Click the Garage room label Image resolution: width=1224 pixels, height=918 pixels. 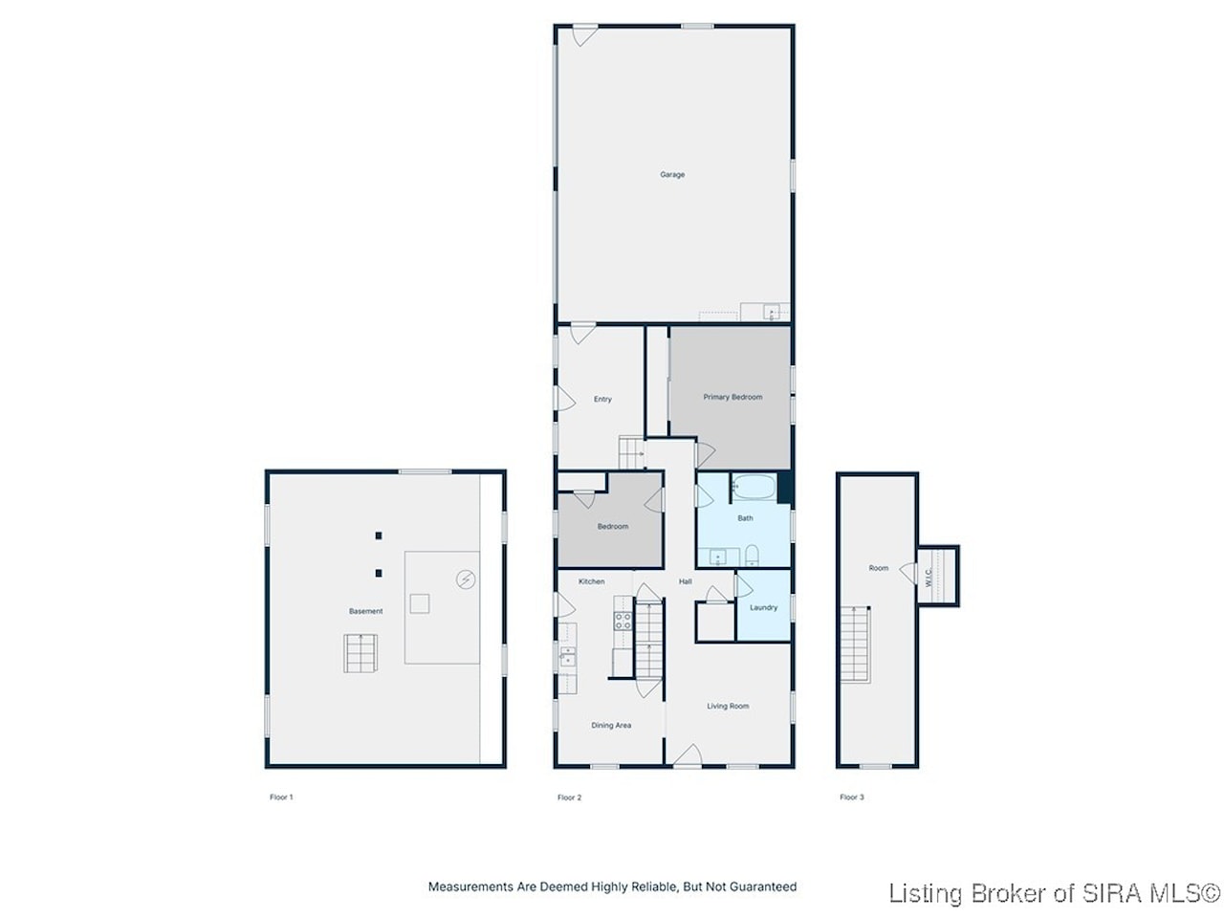(x=672, y=174)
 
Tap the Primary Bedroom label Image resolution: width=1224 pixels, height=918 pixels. (x=732, y=397)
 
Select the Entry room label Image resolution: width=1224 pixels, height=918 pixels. (x=602, y=399)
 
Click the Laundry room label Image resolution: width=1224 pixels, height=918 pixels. (x=763, y=607)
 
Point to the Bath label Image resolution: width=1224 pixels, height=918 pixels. (x=745, y=517)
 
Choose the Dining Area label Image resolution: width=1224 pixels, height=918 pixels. (x=611, y=725)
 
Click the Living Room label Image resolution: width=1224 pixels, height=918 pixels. (x=728, y=706)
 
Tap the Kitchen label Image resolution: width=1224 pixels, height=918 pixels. (x=591, y=581)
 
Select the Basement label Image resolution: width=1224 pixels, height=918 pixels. (x=366, y=611)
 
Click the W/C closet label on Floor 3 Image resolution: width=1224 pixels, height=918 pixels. (x=928, y=578)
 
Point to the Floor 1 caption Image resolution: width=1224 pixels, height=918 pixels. (x=281, y=798)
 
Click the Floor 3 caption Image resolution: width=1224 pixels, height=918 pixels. (x=851, y=798)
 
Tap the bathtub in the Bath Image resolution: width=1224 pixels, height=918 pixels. (x=754, y=487)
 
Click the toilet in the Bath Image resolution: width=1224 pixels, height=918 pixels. (x=752, y=555)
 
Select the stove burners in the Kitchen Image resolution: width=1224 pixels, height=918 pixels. (x=623, y=621)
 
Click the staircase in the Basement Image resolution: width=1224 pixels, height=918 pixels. (x=361, y=653)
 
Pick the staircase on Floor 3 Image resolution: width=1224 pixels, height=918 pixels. (x=856, y=645)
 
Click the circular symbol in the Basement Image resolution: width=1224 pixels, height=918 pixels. (x=466, y=579)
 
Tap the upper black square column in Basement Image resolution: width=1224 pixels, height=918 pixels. (x=378, y=535)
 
